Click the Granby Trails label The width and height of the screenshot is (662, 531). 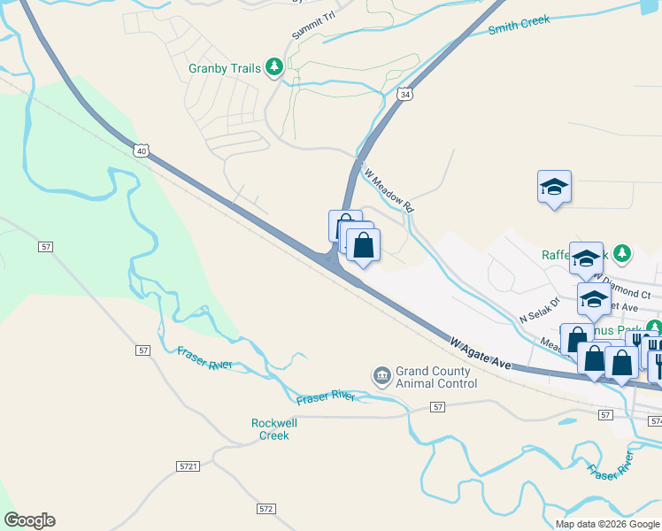[x=225, y=68]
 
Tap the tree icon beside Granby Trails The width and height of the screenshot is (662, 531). [x=274, y=66]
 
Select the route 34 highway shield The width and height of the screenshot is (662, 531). [x=404, y=94]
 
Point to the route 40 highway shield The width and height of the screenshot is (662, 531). [x=142, y=151]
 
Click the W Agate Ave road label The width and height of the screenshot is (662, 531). [x=481, y=352]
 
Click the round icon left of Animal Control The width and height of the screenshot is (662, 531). [x=382, y=377]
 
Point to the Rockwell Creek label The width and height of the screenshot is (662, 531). [x=274, y=429]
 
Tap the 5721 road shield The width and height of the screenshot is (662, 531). [x=188, y=466]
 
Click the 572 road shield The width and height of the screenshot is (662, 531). [x=266, y=509]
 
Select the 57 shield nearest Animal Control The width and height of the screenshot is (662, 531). [x=437, y=406]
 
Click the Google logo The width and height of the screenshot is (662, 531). [x=29, y=520]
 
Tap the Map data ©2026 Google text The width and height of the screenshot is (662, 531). [x=608, y=524]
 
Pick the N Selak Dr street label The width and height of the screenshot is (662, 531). [x=540, y=308]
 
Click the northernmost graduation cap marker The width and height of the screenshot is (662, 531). [x=554, y=187]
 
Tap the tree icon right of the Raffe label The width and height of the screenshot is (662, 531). [x=622, y=254]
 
